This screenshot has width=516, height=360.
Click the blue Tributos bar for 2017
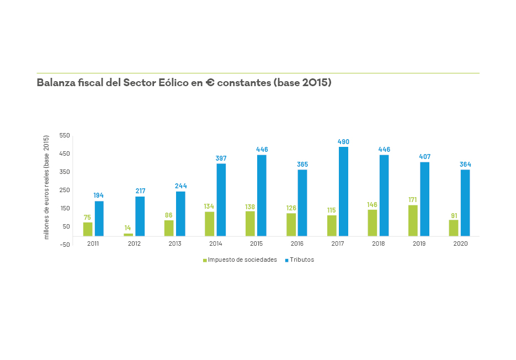tap(343, 192)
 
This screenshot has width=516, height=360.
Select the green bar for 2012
tap(128, 235)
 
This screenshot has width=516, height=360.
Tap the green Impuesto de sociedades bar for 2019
tap(413, 220)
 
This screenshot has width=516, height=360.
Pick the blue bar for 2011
tap(99, 219)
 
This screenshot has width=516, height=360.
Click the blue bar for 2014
tap(221, 200)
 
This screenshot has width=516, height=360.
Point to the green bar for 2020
tap(454, 228)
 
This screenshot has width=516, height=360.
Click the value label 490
tap(343, 142)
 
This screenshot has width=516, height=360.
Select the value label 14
tap(127, 227)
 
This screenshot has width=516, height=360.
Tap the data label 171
tap(413, 200)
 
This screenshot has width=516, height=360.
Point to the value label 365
tap(302, 165)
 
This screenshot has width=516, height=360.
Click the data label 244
tap(181, 186)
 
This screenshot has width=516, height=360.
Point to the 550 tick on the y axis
tap(65, 135)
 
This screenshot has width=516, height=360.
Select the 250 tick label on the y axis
tap(65, 190)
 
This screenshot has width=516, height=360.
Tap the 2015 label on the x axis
tap(256, 243)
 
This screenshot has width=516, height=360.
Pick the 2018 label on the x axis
tap(379, 243)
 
